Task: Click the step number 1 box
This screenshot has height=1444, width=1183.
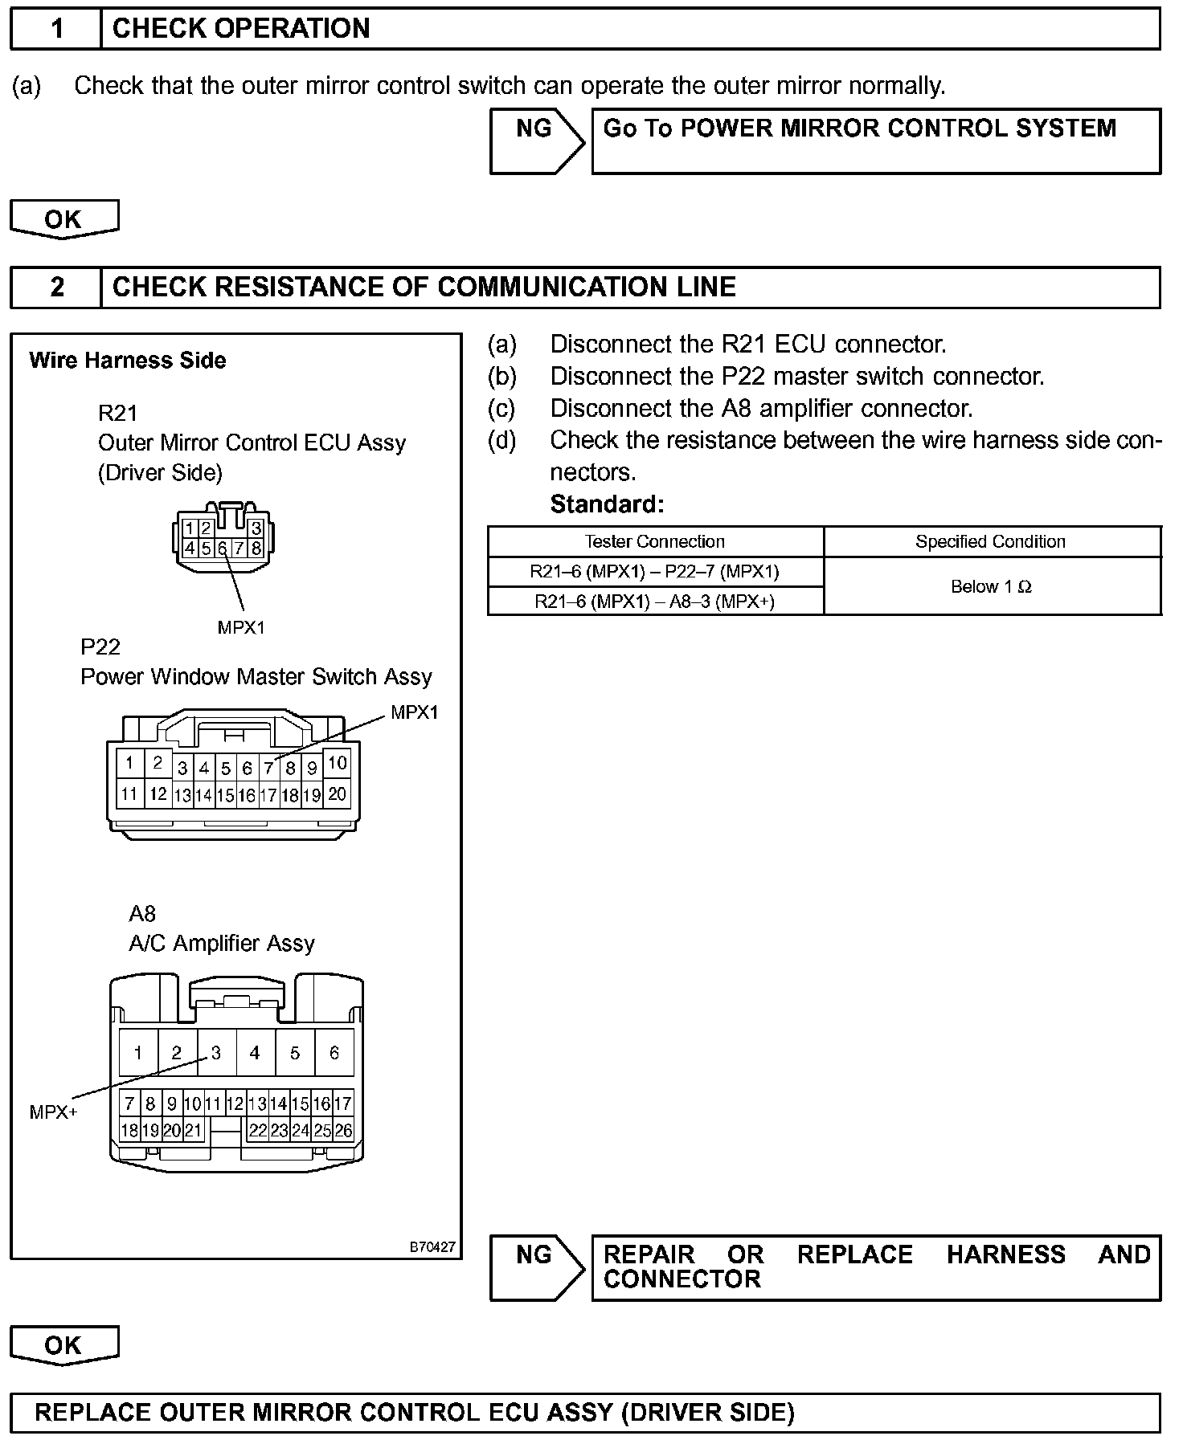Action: (x=56, y=29)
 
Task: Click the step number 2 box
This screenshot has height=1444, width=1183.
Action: (x=56, y=288)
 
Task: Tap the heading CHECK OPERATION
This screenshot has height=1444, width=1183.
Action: (x=241, y=29)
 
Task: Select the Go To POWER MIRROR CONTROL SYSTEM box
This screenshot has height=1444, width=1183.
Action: (x=875, y=141)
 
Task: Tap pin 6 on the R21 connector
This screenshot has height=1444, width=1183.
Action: (x=223, y=549)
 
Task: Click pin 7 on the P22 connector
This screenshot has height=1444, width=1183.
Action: (x=269, y=769)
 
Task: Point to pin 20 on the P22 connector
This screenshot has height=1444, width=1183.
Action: (x=338, y=794)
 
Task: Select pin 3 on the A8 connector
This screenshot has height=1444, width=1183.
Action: (x=215, y=1052)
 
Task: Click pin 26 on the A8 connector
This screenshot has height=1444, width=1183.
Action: (x=343, y=1130)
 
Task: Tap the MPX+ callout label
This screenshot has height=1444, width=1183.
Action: (x=53, y=1112)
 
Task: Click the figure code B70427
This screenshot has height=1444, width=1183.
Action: (x=432, y=1247)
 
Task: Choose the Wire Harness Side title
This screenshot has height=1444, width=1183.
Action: (x=127, y=361)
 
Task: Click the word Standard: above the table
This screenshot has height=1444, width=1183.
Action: (x=607, y=504)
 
